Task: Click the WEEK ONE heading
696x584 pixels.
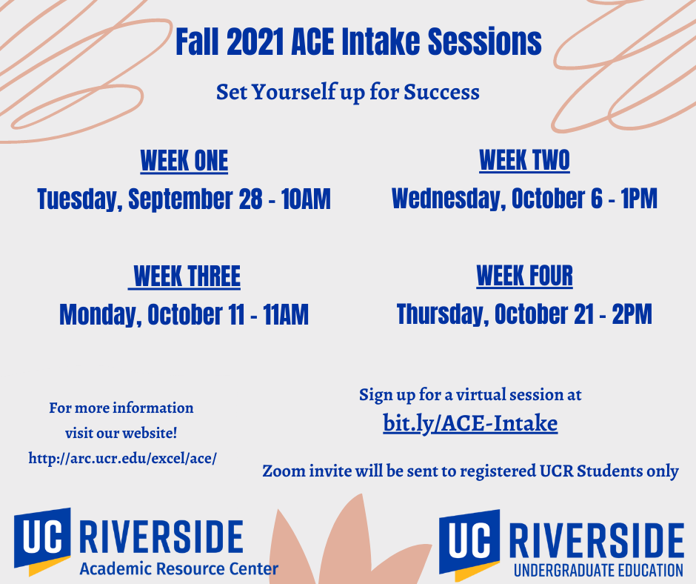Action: point(184,160)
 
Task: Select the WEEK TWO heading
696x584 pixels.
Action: point(524,160)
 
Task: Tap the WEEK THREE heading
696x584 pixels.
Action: point(187,276)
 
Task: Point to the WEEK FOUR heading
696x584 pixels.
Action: point(525,276)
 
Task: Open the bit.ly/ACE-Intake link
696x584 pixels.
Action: point(470,423)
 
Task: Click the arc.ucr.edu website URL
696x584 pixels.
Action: point(122,458)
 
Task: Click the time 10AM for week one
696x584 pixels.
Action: point(306,199)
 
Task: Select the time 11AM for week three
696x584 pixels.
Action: point(285,315)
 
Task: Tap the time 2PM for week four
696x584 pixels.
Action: point(632,314)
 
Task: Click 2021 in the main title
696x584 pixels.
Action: point(255,42)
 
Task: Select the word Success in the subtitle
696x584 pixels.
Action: point(441,93)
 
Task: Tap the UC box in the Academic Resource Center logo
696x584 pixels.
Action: point(42,538)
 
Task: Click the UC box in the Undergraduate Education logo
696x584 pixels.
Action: point(469,540)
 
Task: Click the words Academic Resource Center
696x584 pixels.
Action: point(179,568)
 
